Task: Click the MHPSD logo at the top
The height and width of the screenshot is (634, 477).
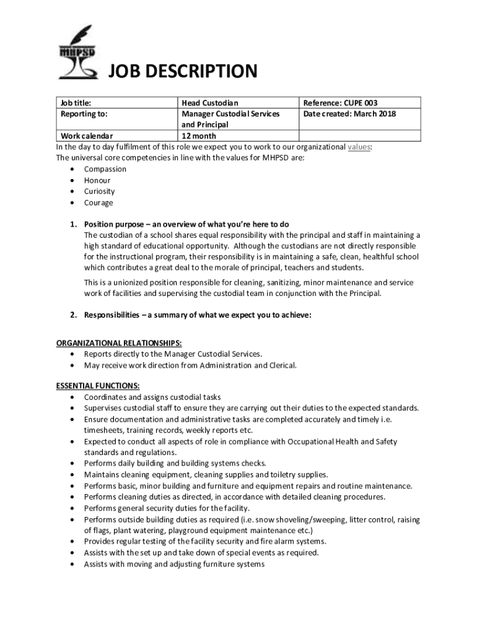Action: pyautogui.click(x=77, y=53)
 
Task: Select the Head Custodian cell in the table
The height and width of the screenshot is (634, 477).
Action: pyautogui.click(x=210, y=103)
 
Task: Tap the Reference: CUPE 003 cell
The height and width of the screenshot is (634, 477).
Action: pyautogui.click(x=340, y=103)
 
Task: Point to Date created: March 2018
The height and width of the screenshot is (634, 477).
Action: pyautogui.click(x=349, y=114)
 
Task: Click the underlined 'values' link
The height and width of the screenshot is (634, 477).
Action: pyautogui.click(x=359, y=147)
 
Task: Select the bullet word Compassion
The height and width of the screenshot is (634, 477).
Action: pyautogui.click(x=105, y=169)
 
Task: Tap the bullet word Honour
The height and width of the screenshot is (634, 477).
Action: pyautogui.click(x=97, y=180)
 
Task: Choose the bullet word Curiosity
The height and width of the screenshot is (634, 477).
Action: pyautogui.click(x=100, y=191)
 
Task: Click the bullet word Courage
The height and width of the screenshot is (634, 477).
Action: pyautogui.click(x=99, y=202)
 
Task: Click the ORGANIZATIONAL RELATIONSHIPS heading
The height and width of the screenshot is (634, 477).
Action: pyautogui.click(x=120, y=342)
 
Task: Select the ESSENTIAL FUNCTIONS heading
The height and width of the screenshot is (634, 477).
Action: pyautogui.click(x=98, y=385)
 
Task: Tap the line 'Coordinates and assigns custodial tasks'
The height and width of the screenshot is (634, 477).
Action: pyautogui.click(x=152, y=397)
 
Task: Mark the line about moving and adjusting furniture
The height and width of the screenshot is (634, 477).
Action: pyautogui.click(x=174, y=564)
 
